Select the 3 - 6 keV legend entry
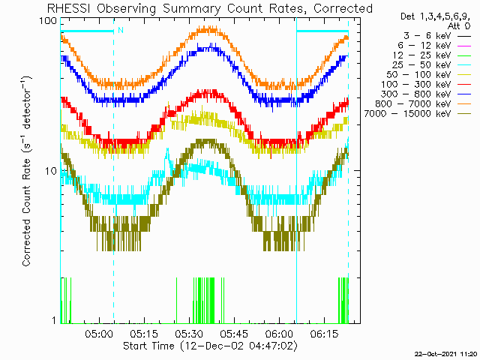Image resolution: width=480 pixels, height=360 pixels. [x=437, y=36]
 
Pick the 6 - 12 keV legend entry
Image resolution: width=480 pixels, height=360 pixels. [x=434, y=46]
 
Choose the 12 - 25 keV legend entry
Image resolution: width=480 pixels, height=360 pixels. [x=432, y=55]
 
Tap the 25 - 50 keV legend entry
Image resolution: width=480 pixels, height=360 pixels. [x=432, y=65]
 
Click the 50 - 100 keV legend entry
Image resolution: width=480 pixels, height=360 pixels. [x=429, y=75]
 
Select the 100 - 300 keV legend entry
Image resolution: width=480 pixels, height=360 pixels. [x=426, y=85]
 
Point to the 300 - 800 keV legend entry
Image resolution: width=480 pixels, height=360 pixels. [x=426, y=94]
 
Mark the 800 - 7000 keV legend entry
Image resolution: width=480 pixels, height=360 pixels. [x=423, y=104]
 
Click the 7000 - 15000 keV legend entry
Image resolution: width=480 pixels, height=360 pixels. [x=418, y=114]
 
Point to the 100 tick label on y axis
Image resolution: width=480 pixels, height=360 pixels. [x=48, y=21]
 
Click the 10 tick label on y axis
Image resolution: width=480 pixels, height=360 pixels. [x=52, y=171]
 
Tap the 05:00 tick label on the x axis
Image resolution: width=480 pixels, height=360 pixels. [x=99, y=334]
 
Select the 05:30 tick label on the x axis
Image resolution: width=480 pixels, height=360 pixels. [x=189, y=334]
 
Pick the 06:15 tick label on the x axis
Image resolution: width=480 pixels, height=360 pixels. [x=324, y=334]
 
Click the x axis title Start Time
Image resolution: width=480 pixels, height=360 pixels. [x=148, y=346]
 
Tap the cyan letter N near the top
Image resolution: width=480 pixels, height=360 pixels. [x=121, y=30]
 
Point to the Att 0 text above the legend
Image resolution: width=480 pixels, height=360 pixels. [x=458, y=26]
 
